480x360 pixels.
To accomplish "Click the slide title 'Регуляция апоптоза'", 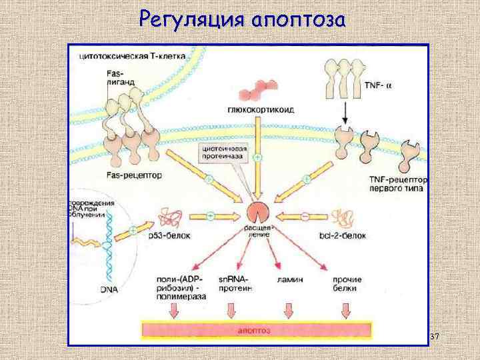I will (242, 20).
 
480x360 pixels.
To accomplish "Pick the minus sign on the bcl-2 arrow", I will (305, 216).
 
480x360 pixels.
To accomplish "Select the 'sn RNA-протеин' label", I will (233, 283).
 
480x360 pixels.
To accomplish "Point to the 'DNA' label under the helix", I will (110, 289).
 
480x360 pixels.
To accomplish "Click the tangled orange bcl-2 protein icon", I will (343, 217).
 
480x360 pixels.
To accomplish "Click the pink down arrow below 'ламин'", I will (288, 310).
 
